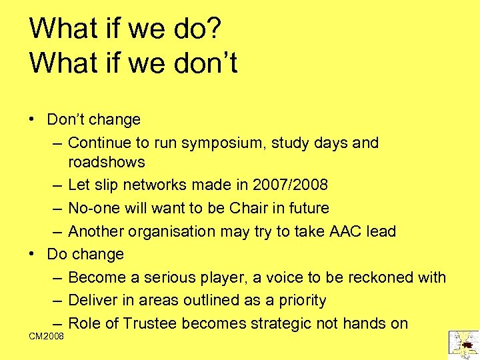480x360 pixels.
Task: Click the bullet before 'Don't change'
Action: (32, 120)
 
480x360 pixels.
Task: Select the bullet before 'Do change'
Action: (32, 255)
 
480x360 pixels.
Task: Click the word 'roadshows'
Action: (107, 162)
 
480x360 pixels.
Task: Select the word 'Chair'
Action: (248, 209)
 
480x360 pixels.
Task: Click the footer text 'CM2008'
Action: (47, 336)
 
